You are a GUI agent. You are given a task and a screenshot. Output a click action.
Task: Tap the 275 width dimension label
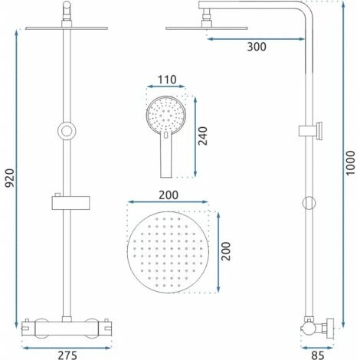(x=67, y=355)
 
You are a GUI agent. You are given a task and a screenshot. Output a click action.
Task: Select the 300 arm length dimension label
(x=257, y=47)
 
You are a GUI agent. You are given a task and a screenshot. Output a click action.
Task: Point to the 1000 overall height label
(x=351, y=163)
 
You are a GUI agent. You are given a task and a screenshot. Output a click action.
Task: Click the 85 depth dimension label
(x=318, y=355)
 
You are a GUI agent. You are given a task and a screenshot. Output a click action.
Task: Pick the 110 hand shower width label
(x=167, y=80)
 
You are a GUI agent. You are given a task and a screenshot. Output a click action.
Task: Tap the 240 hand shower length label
(x=203, y=136)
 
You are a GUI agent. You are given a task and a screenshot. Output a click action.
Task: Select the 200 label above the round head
(x=169, y=195)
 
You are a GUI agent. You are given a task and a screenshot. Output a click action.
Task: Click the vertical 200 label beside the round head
(x=226, y=251)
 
